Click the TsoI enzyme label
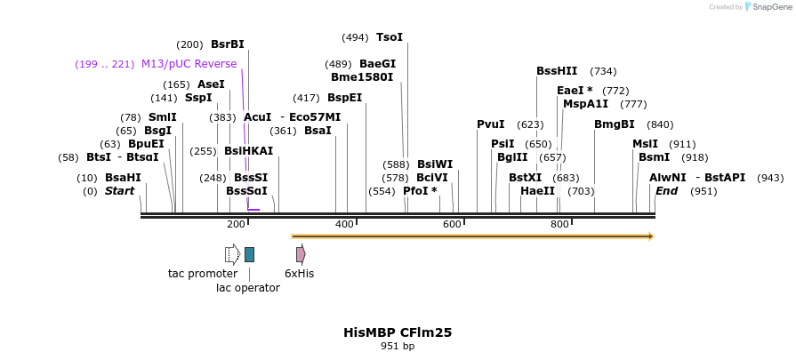point(389,37)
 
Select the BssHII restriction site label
point(557,71)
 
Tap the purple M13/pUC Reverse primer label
point(189,64)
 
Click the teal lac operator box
point(249,254)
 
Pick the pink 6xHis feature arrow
point(301,254)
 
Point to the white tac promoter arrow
point(232,254)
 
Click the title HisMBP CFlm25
point(398,332)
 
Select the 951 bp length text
point(398,346)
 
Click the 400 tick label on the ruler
point(344,224)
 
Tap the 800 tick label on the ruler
point(559,224)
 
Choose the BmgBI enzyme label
point(614,124)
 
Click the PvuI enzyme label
point(490,124)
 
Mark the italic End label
point(666,191)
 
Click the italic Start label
point(120,191)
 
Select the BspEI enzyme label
point(344,98)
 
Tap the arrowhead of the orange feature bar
point(651,236)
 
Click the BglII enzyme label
point(512,157)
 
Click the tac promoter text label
point(203,274)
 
